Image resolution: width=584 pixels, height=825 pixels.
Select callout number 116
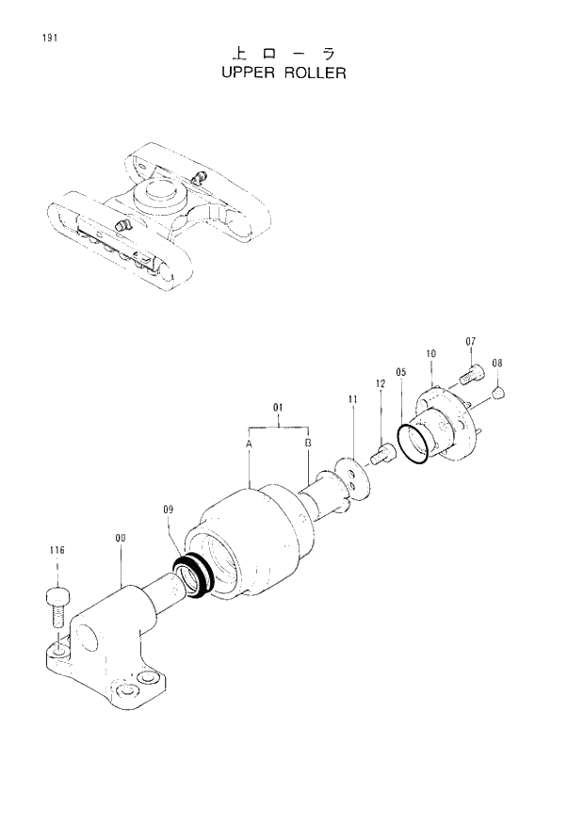[57, 550]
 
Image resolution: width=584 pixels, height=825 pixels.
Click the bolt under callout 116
[57, 604]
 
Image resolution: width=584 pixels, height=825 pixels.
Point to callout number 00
[121, 539]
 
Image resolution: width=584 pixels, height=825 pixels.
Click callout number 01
[279, 409]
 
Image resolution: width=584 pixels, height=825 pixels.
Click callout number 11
[352, 400]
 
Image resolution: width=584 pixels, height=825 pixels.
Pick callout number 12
[381, 384]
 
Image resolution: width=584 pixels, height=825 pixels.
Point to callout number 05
[401, 372]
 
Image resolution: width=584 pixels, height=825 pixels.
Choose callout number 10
[430, 354]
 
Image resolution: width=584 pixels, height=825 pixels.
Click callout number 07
[471, 341]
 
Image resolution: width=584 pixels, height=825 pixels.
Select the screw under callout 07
[471, 376]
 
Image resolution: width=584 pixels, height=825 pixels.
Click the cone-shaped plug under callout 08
[499, 389]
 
